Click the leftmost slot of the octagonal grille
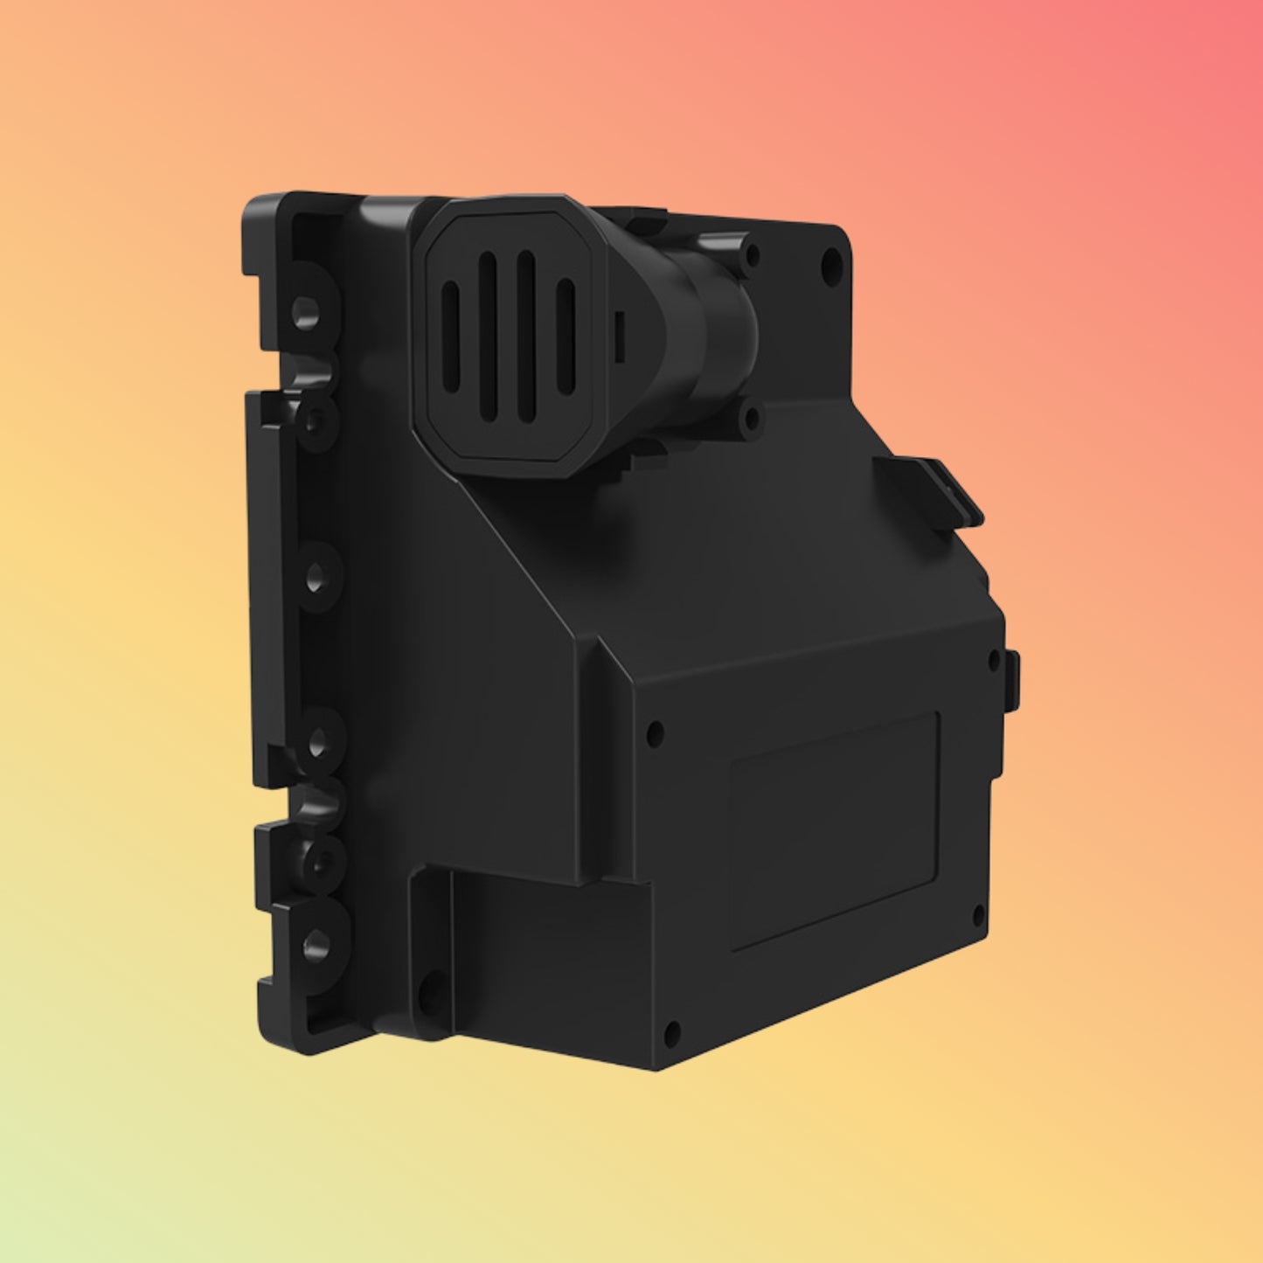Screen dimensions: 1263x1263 pyautogui.click(x=451, y=337)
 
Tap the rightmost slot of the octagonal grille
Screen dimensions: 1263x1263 pyautogui.click(x=566, y=337)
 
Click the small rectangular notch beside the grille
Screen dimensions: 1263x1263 pyautogui.click(x=619, y=336)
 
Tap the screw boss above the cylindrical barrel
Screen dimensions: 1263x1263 pyautogui.click(x=751, y=255)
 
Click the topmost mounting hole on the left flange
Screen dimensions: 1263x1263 pyautogui.click(x=305, y=311)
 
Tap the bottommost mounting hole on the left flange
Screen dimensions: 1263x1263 pyautogui.click(x=316, y=943)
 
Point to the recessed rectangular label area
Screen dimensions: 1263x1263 pyautogui.click(x=835, y=830)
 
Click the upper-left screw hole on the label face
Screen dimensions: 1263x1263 pyautogui.click(x=655, y=733)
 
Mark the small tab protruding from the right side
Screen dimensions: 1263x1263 pyautogui.click(x=1013, y=680)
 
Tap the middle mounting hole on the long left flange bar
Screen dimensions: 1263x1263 pyautogui.click(x=315, y=577)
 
